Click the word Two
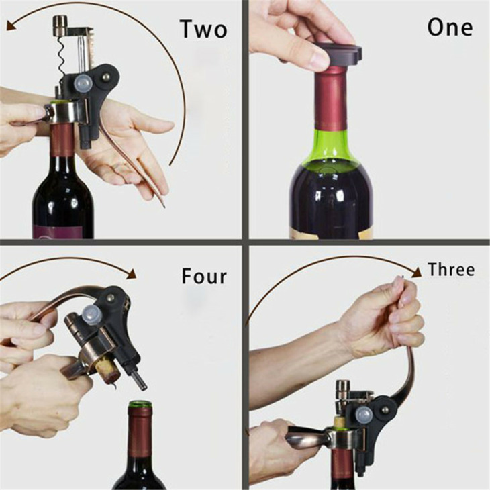(203, 29)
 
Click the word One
(450, 28)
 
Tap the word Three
(451, 269)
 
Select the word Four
(204, 276)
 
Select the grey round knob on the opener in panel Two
(83, 83)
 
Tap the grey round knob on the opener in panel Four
(92, 314)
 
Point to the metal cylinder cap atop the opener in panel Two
(61, 25)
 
